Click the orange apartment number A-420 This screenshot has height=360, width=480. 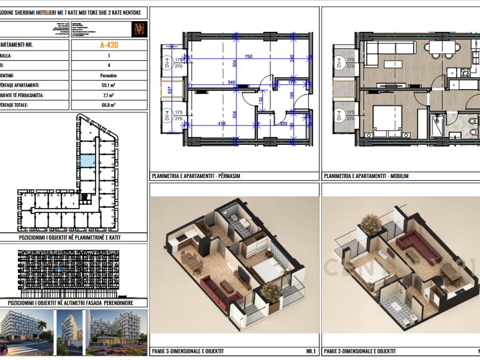pyautogui.click(x=109, y=45)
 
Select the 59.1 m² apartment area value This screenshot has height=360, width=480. pyautogui.click(x=109, y=85)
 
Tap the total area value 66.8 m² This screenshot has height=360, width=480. pyautogui.click(x=109, y=105)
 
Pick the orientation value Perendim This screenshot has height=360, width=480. pyautogui.click(x=109, y=75)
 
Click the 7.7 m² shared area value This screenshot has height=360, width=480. pyautogui.click(x=109, y=95)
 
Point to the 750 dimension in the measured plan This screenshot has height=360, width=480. pyautogui.click(x=248, y=57)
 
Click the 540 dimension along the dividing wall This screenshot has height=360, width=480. pyautogui.click(x=231, y=82)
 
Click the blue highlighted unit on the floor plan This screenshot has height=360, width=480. pyautogui.click(x=86, y=161)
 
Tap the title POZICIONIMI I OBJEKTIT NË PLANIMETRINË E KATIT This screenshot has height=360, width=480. pyautogui.click(x=70, y=238)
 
